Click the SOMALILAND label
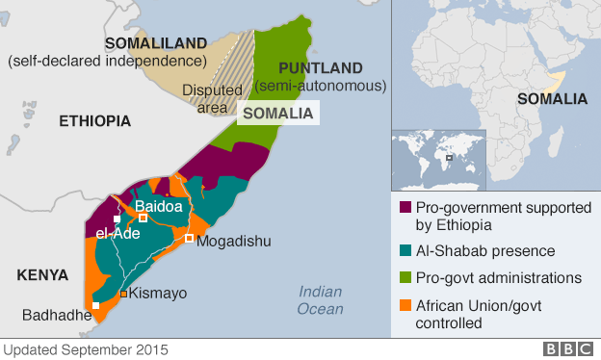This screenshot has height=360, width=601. coord(155,43)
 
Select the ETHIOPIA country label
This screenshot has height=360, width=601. coord(94,121)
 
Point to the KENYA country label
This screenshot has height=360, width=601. coord(42,275)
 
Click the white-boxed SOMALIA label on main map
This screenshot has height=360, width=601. coord(278,113)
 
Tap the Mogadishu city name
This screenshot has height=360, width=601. coord(234,241)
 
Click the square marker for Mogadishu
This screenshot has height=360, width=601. coord(190,238)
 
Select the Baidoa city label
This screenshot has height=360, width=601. coord(158,206)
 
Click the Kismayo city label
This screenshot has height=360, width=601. coord(158,293)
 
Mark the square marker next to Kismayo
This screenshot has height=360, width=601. coord(123,294)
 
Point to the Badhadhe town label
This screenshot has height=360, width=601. coord(56,315)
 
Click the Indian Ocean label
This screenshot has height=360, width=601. coord(320,300)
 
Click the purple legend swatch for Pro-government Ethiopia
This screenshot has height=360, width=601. coord(406,207)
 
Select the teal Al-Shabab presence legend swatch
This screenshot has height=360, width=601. coord(406,251)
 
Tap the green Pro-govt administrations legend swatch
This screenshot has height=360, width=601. coord(406,278)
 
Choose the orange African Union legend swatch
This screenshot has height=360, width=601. coord(406,305)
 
